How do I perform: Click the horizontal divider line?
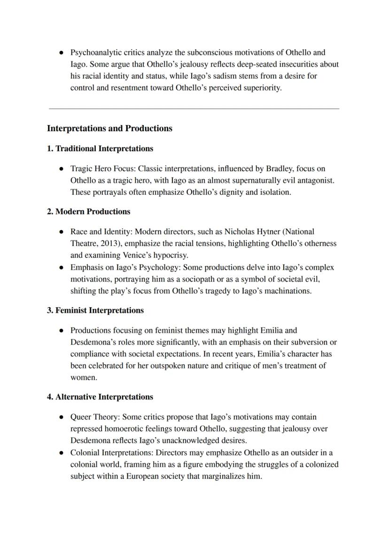tap(194, 109)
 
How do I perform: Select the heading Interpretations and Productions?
tap(109, 128)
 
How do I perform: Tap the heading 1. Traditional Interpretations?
tap(100, 149)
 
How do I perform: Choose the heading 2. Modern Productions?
tap(88, 212)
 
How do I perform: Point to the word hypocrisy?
tap(170, 255)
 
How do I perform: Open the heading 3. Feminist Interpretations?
tap(95, 311)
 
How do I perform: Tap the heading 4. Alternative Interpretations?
tap(100, 397)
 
